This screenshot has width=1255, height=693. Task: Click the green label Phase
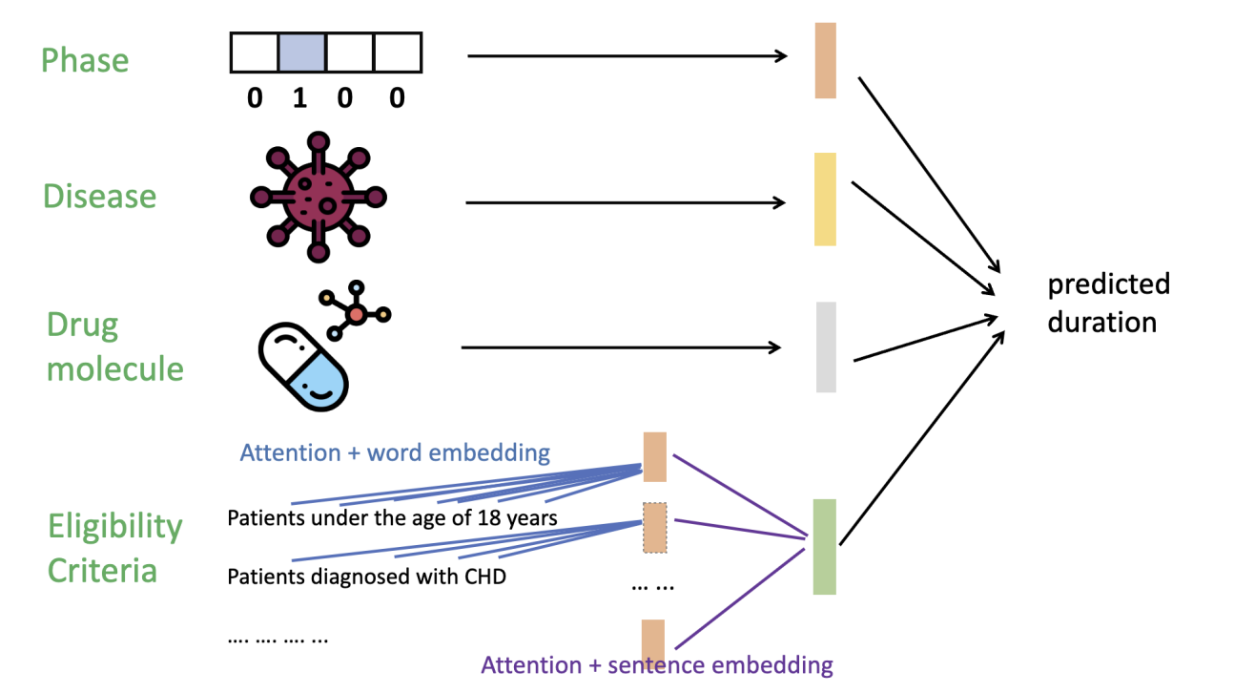point(84,61)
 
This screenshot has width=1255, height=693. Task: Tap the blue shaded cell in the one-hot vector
point(301,52)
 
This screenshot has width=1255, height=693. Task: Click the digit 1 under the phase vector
point(299,98)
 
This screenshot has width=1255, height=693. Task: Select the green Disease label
point(99,197)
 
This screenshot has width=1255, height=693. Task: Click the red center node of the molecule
point(357,313)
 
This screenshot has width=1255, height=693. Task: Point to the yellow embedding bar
point(825,199)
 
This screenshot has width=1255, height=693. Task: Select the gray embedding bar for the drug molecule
point(826,347)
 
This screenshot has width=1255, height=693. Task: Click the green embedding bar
point(825,547)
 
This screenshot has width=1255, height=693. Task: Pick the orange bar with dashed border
point(655,527)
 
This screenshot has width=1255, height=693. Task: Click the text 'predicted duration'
point(1107,303)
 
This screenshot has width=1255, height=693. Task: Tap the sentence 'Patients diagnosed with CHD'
point(366,577)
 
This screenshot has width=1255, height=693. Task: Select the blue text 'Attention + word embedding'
point(395,452)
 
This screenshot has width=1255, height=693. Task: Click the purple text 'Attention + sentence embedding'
point(657,664)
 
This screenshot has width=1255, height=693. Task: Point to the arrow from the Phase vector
point(627,56)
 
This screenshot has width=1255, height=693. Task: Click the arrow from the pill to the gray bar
point(621,348)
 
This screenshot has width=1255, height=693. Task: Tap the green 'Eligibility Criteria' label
point(114,548)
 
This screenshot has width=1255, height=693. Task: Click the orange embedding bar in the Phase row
point(825,61)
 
